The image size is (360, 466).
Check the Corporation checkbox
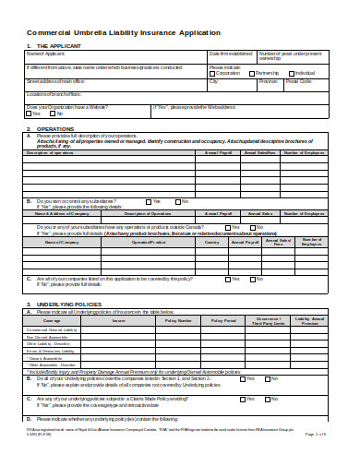212,72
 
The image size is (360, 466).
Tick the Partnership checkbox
251,72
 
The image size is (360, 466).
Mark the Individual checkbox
293,72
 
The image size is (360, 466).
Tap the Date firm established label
231,54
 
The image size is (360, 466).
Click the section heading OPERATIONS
54,128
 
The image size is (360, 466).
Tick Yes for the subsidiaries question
147,200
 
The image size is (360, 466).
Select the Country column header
212,242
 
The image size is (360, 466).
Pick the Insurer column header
119,320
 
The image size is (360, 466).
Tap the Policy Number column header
178,320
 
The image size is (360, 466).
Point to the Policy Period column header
224,320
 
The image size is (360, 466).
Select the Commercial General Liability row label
51,329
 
